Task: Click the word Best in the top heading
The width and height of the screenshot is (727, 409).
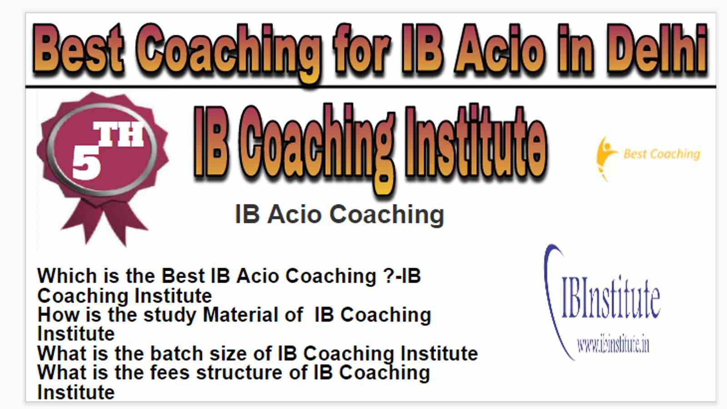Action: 78,48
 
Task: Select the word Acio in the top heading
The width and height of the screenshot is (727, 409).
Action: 500,48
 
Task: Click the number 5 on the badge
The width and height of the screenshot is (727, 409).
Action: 86,162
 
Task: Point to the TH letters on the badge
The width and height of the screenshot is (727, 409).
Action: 119,134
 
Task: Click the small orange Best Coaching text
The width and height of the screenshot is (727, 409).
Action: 662,154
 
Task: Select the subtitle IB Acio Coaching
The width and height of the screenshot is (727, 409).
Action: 339,214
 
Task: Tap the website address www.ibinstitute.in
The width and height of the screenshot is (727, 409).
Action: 613,345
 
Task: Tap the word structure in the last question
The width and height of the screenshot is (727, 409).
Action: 239,372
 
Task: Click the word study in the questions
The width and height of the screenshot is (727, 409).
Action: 170,315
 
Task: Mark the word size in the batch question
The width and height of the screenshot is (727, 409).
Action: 228,353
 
